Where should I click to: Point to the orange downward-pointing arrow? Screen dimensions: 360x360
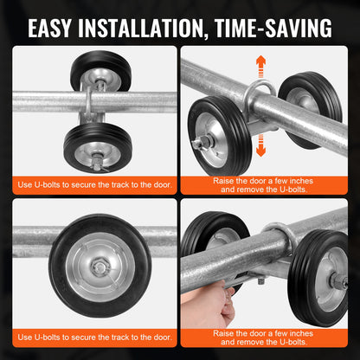coord(259,143)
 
